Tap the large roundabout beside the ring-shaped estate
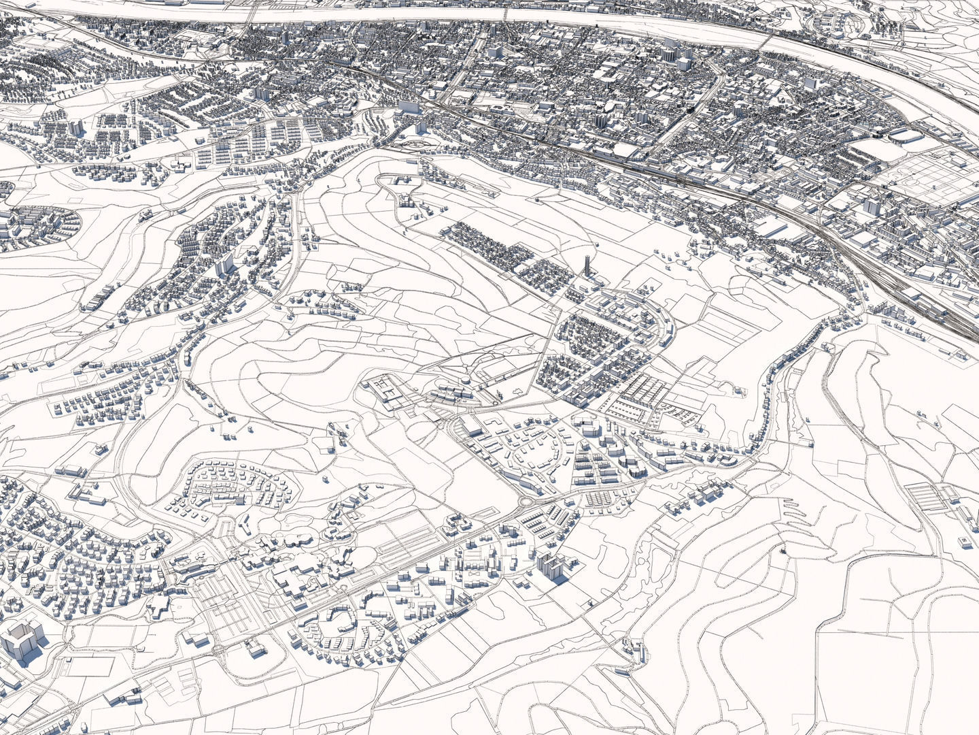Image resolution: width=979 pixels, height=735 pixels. click(526, 502)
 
